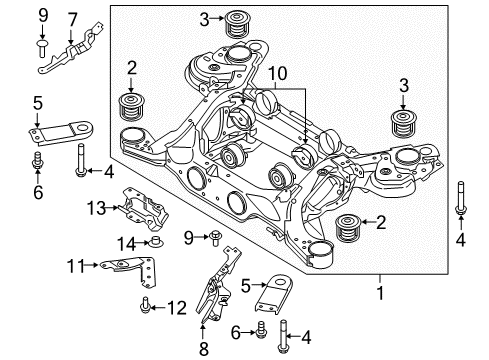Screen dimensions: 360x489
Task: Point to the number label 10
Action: pos(277,74)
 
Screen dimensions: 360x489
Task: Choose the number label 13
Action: pos(96,207)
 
